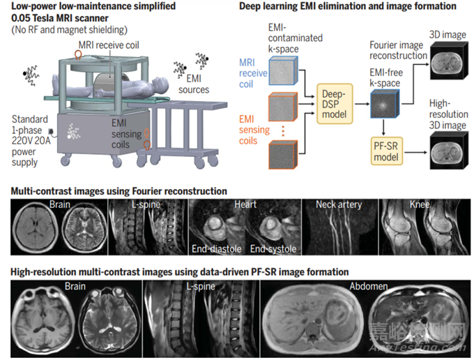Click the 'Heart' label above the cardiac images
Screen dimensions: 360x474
pyautogui.click(x=245, y=204)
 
